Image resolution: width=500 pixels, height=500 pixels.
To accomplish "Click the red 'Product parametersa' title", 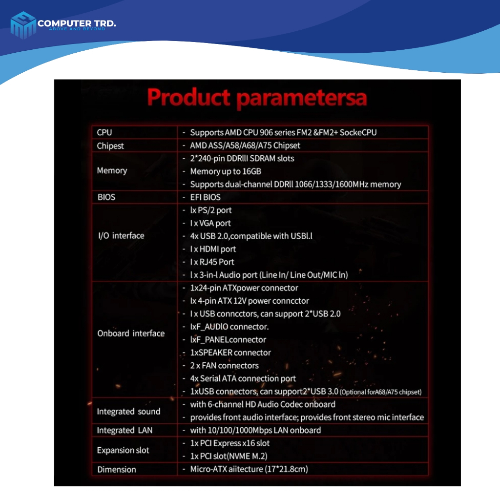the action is click(257, 97).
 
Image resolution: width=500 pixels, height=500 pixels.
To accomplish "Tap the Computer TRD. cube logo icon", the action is click(23, 25).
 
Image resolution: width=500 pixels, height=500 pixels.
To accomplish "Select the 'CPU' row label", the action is click(104, 132).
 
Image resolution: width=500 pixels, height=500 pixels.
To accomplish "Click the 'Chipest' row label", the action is click(110, 146).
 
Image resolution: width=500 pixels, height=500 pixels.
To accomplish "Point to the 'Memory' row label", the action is click(112, 170).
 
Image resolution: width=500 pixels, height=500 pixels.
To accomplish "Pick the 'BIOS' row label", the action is click(106, 197).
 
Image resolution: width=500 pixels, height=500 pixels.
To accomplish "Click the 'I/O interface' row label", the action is click(121, 236).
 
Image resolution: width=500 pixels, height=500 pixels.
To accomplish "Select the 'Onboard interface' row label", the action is click(131, 333).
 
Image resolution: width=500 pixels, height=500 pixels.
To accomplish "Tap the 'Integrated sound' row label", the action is click(128, 411).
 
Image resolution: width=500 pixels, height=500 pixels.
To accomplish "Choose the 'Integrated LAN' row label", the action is click(125, 430).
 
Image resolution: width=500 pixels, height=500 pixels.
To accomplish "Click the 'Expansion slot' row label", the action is click(123, 450).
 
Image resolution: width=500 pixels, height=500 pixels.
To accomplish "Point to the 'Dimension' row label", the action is click(117, 469).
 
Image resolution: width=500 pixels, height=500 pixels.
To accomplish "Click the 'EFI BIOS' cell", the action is click(206, 197).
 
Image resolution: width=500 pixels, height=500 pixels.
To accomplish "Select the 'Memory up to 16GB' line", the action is click(226, 171).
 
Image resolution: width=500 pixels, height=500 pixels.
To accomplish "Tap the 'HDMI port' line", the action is click(213, 249).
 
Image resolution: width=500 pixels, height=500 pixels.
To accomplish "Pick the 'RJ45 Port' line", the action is click(212, 262).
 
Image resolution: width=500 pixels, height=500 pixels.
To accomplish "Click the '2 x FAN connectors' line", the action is click(225, 365).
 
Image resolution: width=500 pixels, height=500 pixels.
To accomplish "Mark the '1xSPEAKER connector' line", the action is click(230, 353).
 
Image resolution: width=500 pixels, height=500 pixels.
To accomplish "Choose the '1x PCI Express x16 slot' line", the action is click(230, 443).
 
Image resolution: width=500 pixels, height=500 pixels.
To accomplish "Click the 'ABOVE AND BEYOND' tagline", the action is click(77, 29).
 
